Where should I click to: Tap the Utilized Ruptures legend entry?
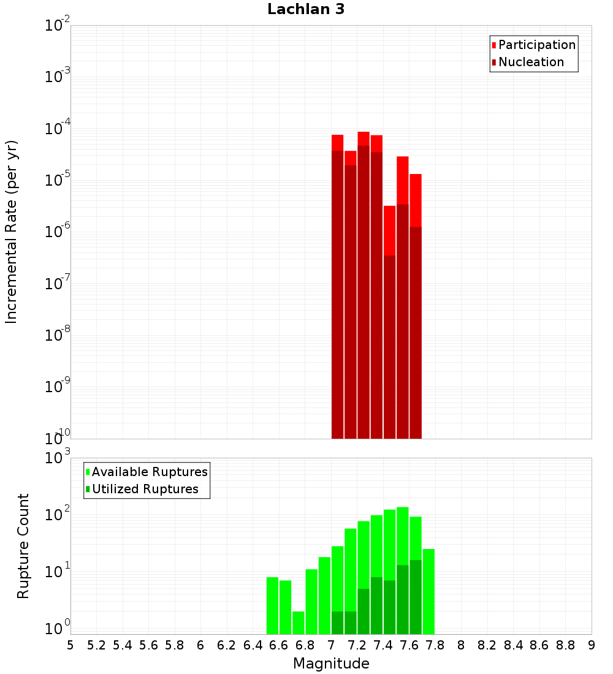[x=145, y=489]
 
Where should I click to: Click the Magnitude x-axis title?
[x=331, y=664]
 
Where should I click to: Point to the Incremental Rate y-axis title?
[x=12, y=232]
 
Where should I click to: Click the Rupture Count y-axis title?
[x=23, y=546]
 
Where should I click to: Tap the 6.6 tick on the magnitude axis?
[x=279, y=645]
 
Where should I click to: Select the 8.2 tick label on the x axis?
[x=487, y=645]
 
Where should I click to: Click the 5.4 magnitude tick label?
[x=123, y=645]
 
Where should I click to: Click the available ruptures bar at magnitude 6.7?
[x=299, y=623]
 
